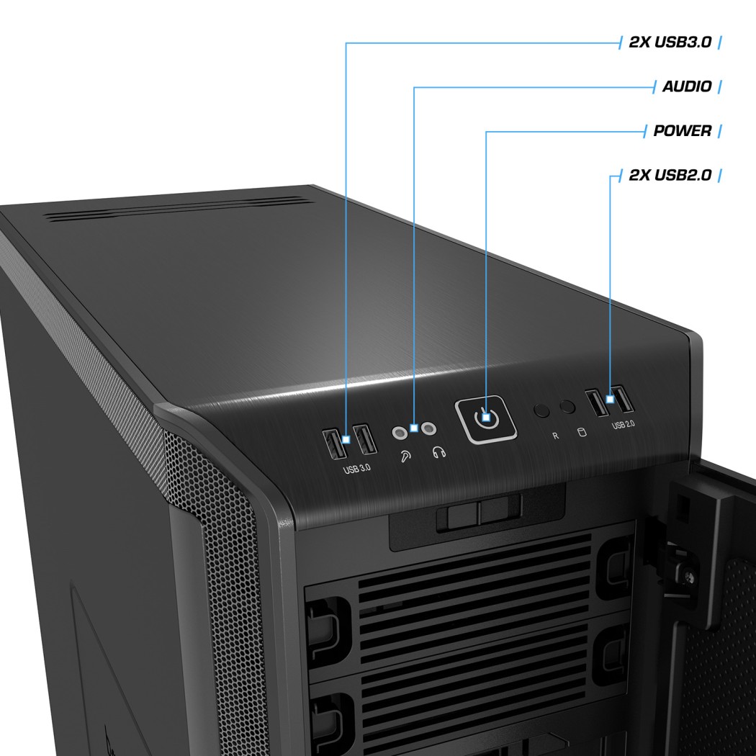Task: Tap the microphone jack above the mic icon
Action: (399, 433)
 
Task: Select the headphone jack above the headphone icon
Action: (428, 428)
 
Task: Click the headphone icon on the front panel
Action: (438, 451)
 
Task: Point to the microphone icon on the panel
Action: (406, 456)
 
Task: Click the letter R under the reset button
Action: (555, 436)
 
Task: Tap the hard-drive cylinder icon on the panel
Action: (582, 431)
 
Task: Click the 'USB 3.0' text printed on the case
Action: (357, 469)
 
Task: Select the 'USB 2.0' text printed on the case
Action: (623, 425)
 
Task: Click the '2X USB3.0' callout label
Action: (670, 42)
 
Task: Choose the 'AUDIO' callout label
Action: (687, 86)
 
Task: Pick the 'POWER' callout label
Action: (683, 130)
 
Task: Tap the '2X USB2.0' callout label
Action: (670, 175)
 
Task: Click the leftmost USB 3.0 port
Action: (335, 444)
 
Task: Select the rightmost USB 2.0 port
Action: (623, 399)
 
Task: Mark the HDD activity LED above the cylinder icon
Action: (567, 407)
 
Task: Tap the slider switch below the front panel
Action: (478, 513)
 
